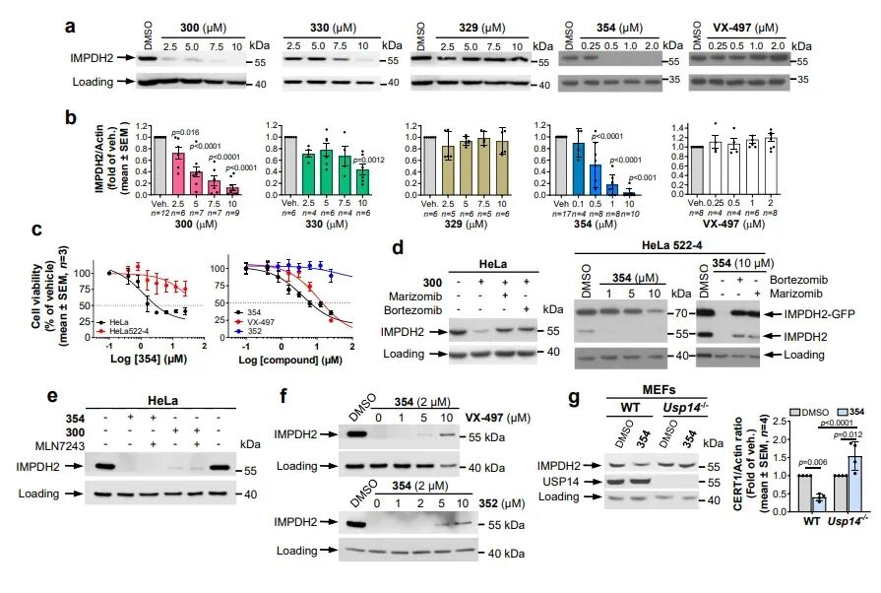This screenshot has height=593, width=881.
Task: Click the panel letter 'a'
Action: pyautogui.click(x=70, y=23)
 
